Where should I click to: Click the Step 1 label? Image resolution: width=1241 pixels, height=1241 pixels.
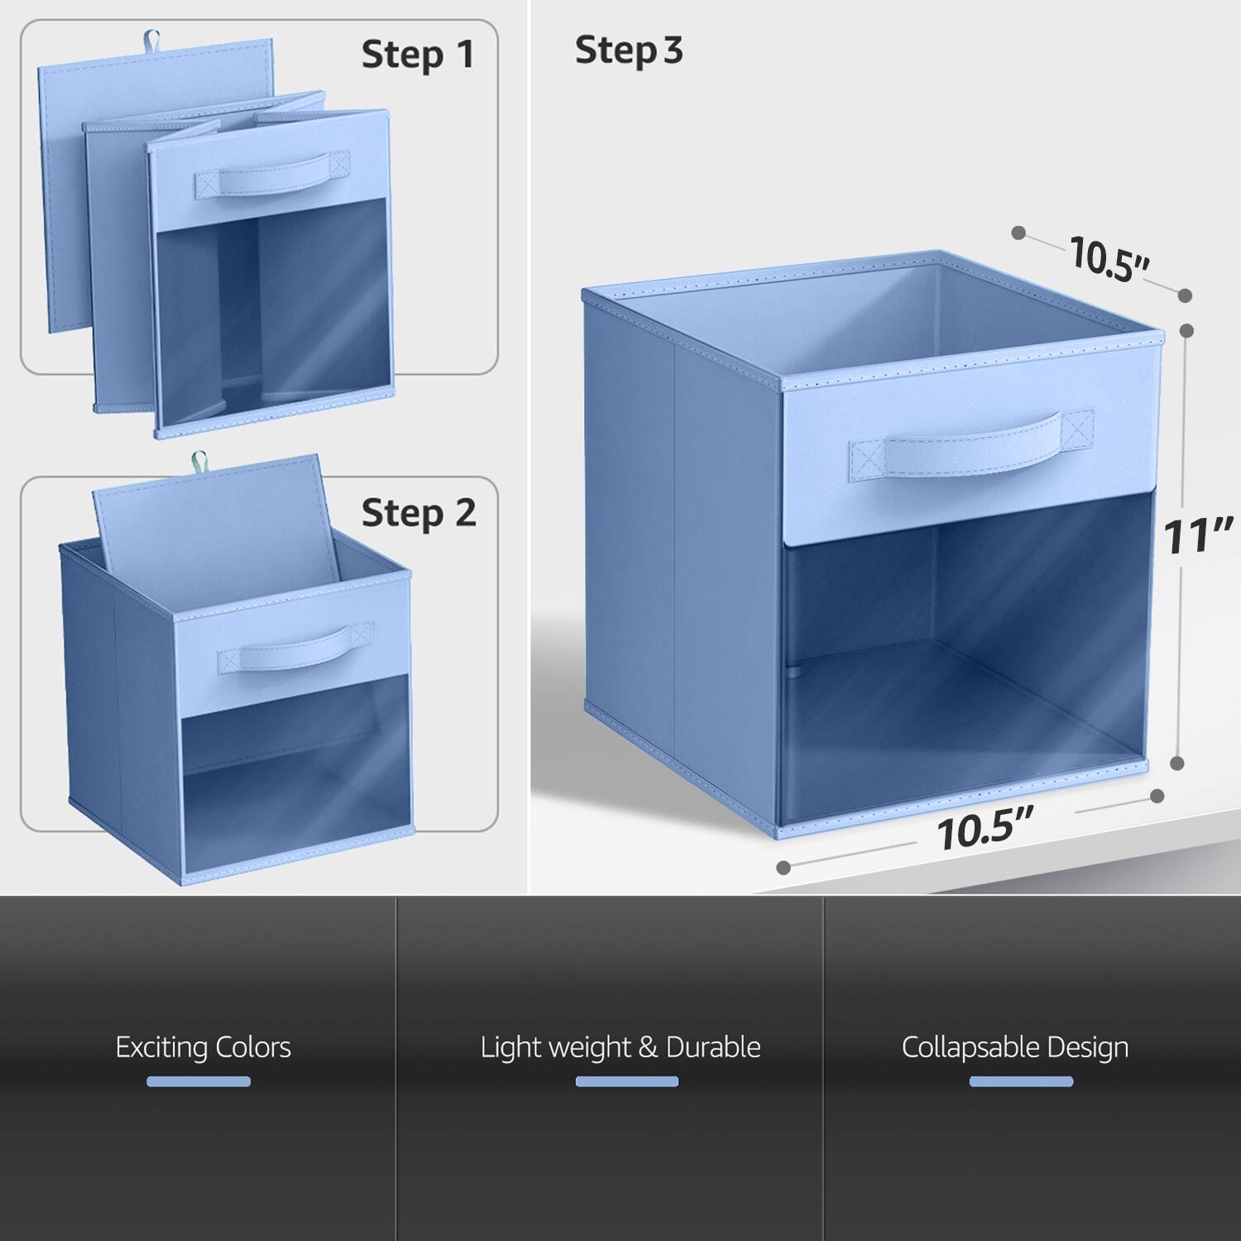pyautogui.click(x=418, y=55)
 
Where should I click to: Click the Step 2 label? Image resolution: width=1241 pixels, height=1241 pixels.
pyautogui.click(x=419, y=513)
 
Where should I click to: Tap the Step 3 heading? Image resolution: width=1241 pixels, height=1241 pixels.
pyautogui.click(x=629, y=50)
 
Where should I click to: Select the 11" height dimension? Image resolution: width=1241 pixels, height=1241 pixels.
pyautogui.click(x=1198, y=535)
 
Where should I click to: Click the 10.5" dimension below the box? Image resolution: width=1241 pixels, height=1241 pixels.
pyautogui.click(x=985, y=830)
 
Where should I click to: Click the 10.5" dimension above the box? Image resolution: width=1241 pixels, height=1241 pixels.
pyautogui.click(x=1109, y=257)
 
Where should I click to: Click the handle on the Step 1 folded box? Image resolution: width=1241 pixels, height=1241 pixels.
pyautogui.click(x=272, y=176)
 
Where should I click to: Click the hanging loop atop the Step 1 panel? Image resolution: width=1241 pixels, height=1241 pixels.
pyautogui.click(x=151, y=39)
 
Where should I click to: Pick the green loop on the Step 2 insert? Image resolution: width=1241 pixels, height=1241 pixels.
pyautogui.click(x=199, y=460)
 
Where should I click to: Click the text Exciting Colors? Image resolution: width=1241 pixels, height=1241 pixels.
pyautogui.click(x=203, y=1047)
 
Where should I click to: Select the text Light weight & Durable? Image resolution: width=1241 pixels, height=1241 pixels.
pyautogui.click(x=620, y=1047)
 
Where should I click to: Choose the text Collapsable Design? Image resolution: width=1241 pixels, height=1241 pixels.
pyautogui.click(x=1015, y=1047)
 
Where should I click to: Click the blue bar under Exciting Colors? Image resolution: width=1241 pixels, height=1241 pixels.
pyautogui.click(x=199, y=1081)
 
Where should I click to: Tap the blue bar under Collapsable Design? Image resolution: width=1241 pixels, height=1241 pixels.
pyautogui.click(x=1021, y=1081)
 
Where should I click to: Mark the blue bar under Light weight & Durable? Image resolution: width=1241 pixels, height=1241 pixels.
pyautogui.click(x=626, y=1081)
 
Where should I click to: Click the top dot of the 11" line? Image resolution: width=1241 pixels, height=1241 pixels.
pyautogui.click(x=1186, y=330)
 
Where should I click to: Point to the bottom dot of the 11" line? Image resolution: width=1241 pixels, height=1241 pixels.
pyautogui.click(x=1177, y=763)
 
